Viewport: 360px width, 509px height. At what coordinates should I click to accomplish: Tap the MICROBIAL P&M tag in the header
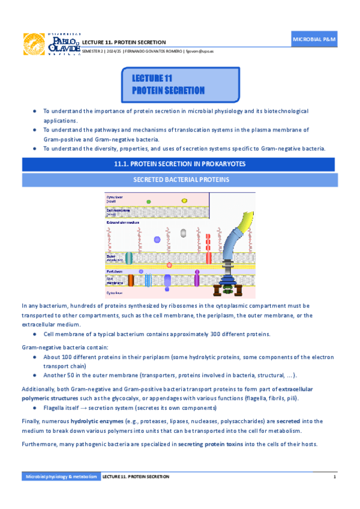314,38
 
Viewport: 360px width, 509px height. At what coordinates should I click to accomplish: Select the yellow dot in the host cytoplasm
184,200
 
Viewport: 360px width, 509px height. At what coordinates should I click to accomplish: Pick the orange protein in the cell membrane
130,280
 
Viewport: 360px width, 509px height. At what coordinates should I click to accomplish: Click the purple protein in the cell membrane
167,280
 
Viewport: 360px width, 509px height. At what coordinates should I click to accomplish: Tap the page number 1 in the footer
334,476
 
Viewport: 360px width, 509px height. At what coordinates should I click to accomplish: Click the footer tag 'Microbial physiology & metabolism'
60,476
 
